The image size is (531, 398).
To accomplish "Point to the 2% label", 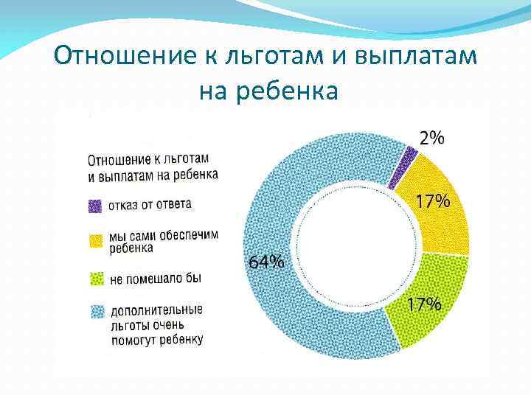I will [432, 138].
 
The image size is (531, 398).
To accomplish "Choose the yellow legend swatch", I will [95, 240].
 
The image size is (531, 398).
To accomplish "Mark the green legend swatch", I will [95, 279].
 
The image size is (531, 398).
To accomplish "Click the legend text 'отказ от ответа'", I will [150, 204].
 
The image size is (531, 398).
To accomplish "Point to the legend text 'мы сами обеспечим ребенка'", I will [163, 242].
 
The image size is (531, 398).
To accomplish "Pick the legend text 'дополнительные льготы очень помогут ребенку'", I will [156, 324].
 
